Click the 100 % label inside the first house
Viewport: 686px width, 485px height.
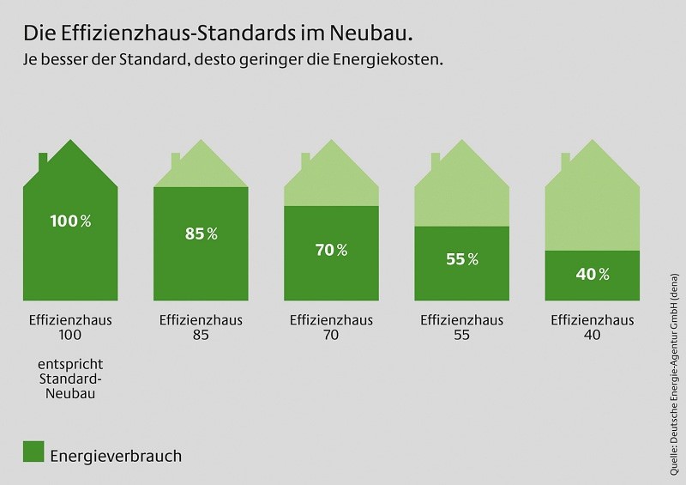(71, 221)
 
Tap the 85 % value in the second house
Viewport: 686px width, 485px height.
(201, 233)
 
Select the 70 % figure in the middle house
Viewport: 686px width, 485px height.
(330, 251)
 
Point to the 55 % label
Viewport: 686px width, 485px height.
(461, 260)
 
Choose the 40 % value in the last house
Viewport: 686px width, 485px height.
(592, 275)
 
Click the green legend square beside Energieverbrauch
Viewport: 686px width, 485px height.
(33, 452)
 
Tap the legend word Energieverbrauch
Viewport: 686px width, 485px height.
(115, 455)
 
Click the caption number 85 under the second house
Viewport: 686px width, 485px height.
(201, 336)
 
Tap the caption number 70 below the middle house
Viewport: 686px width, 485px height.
(330, 336)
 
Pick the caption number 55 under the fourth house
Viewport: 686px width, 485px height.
(461, 336)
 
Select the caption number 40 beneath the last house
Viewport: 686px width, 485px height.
(592, 336)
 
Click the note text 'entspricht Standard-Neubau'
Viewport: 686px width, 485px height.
(71, 379)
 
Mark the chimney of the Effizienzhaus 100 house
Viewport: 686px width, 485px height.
(44, 161)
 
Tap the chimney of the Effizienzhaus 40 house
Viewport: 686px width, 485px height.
(565, 161)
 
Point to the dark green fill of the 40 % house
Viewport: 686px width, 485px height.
(592, 288)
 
